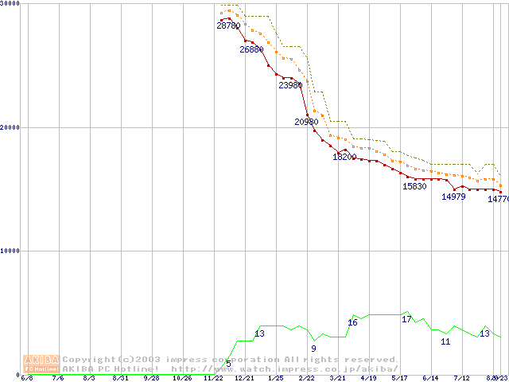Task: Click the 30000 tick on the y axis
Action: [x=10, y=4]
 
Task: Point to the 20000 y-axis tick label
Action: [x=10, y=127]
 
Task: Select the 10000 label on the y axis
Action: [x=10, y=251]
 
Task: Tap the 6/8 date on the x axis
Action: [x=27, y=378]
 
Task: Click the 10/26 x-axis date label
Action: [x=183, y=378]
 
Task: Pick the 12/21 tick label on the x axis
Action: [x=244, y=378]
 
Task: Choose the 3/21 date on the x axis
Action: [x=337, y=378]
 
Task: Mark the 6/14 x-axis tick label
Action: [x=430, y=378]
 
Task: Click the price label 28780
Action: [x=228, y=26]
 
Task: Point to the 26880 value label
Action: [x=251, y=50]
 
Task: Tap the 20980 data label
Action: [x=306, y=123]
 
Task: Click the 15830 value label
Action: [x=414, y=187]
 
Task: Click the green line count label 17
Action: [x=406, y=320]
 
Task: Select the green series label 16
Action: [x=352, y=323]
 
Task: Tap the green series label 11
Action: [x=445, y=342]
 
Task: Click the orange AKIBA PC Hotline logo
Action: [x=41, y=364]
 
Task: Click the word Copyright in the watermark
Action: [x=88, y=360]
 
